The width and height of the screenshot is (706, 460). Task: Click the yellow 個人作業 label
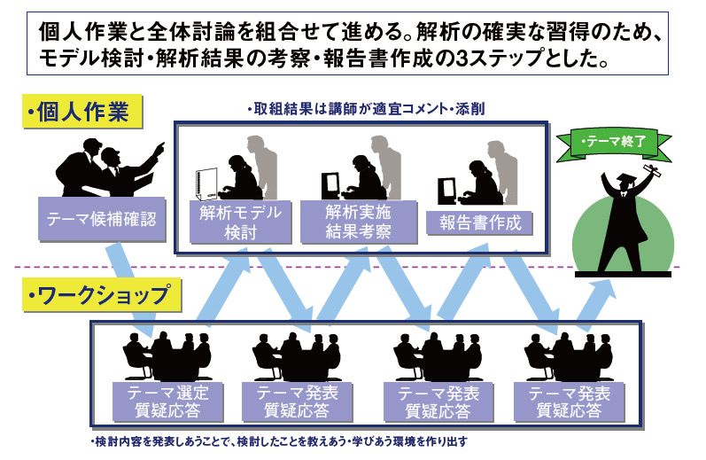82,111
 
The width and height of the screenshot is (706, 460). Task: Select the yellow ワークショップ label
102,294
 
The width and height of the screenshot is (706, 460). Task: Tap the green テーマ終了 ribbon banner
614,144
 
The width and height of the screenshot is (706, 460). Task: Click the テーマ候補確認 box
102,219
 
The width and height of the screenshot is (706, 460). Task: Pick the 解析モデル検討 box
240,222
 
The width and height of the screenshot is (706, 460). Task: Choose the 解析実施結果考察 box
359,222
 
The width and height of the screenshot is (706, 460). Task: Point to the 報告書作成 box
480,223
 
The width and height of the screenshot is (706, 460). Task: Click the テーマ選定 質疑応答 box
167,402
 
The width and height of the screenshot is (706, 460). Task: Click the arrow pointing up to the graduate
595,306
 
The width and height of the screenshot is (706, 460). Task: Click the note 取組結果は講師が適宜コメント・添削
366,109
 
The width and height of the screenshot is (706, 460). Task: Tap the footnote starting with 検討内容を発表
279,441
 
